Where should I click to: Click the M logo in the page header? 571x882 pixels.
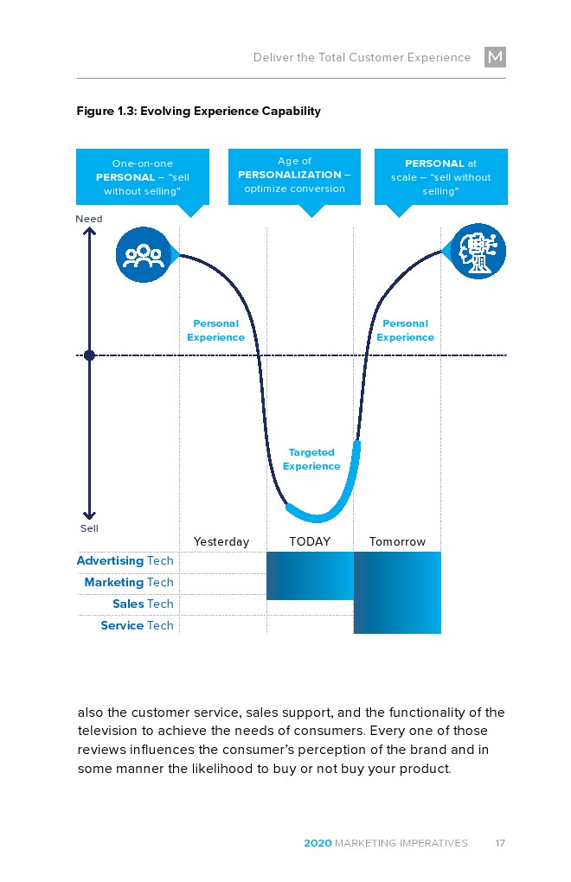coord(495,58)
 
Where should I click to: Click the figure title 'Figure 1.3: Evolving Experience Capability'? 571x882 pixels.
coord(198,112)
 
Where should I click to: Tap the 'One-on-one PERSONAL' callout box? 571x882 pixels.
coord(143,176)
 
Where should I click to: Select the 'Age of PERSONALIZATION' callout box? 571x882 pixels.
coord(294,176)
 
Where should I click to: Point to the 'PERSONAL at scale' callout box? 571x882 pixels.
coord(440,176)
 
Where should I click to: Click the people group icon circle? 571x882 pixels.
coord(143,253)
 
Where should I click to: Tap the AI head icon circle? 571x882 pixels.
coord(478,252)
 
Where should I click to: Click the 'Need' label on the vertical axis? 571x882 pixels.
coord(89,219)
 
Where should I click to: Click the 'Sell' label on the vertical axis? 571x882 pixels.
coord(89,528)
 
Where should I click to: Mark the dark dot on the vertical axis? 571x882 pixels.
coord(89,355)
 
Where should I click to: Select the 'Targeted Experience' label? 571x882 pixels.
coord(311,459)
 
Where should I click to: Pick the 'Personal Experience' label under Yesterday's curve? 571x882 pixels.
coord(215,330)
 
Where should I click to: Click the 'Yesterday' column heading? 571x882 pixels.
coord(221,542)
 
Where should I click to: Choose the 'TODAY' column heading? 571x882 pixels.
coord(310,542)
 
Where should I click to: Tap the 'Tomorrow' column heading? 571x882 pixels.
coord(397,542)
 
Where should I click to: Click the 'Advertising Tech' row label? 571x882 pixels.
coord(125,561)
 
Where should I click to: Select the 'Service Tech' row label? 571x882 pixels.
coord(137,626)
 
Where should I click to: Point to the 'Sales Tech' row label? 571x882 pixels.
coord(143,604)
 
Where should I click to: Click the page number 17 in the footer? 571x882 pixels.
coord(500,843)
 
